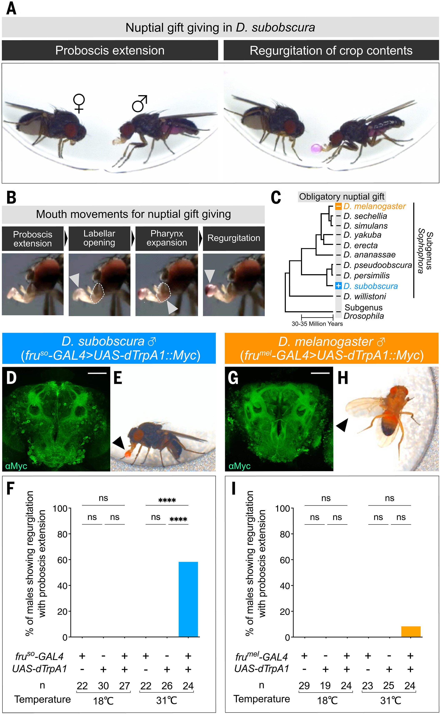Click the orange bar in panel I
click(x=411, y=632)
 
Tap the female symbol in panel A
click(x=79, y=103)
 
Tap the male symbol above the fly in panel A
click(x=139, y=104)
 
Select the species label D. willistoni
click(x=365, y=296)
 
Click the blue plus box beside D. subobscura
click(x=338, y=286)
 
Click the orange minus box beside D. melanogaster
click(x=338, y=206)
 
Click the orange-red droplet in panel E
click(x=127, y=454)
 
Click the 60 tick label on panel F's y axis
click(x=62, y=560)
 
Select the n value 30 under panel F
click(x=103, y=686)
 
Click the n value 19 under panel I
click(x=325, y=686)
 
